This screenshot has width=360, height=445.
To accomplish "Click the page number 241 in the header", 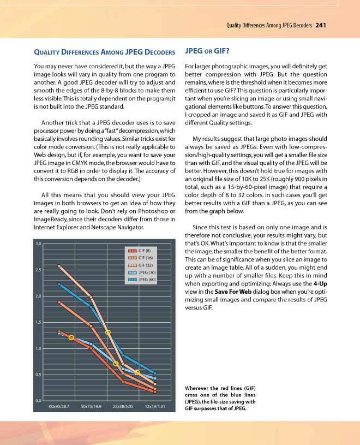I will coord(321,25).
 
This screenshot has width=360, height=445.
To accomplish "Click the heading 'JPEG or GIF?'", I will coord(207,52).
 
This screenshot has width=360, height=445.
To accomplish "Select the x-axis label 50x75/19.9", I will coord(91,407).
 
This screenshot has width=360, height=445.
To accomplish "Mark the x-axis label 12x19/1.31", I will coord(155,407).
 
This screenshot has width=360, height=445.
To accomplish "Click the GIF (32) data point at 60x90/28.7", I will coord(59,266).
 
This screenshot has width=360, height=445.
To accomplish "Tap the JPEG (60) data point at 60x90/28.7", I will coord(59,284).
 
